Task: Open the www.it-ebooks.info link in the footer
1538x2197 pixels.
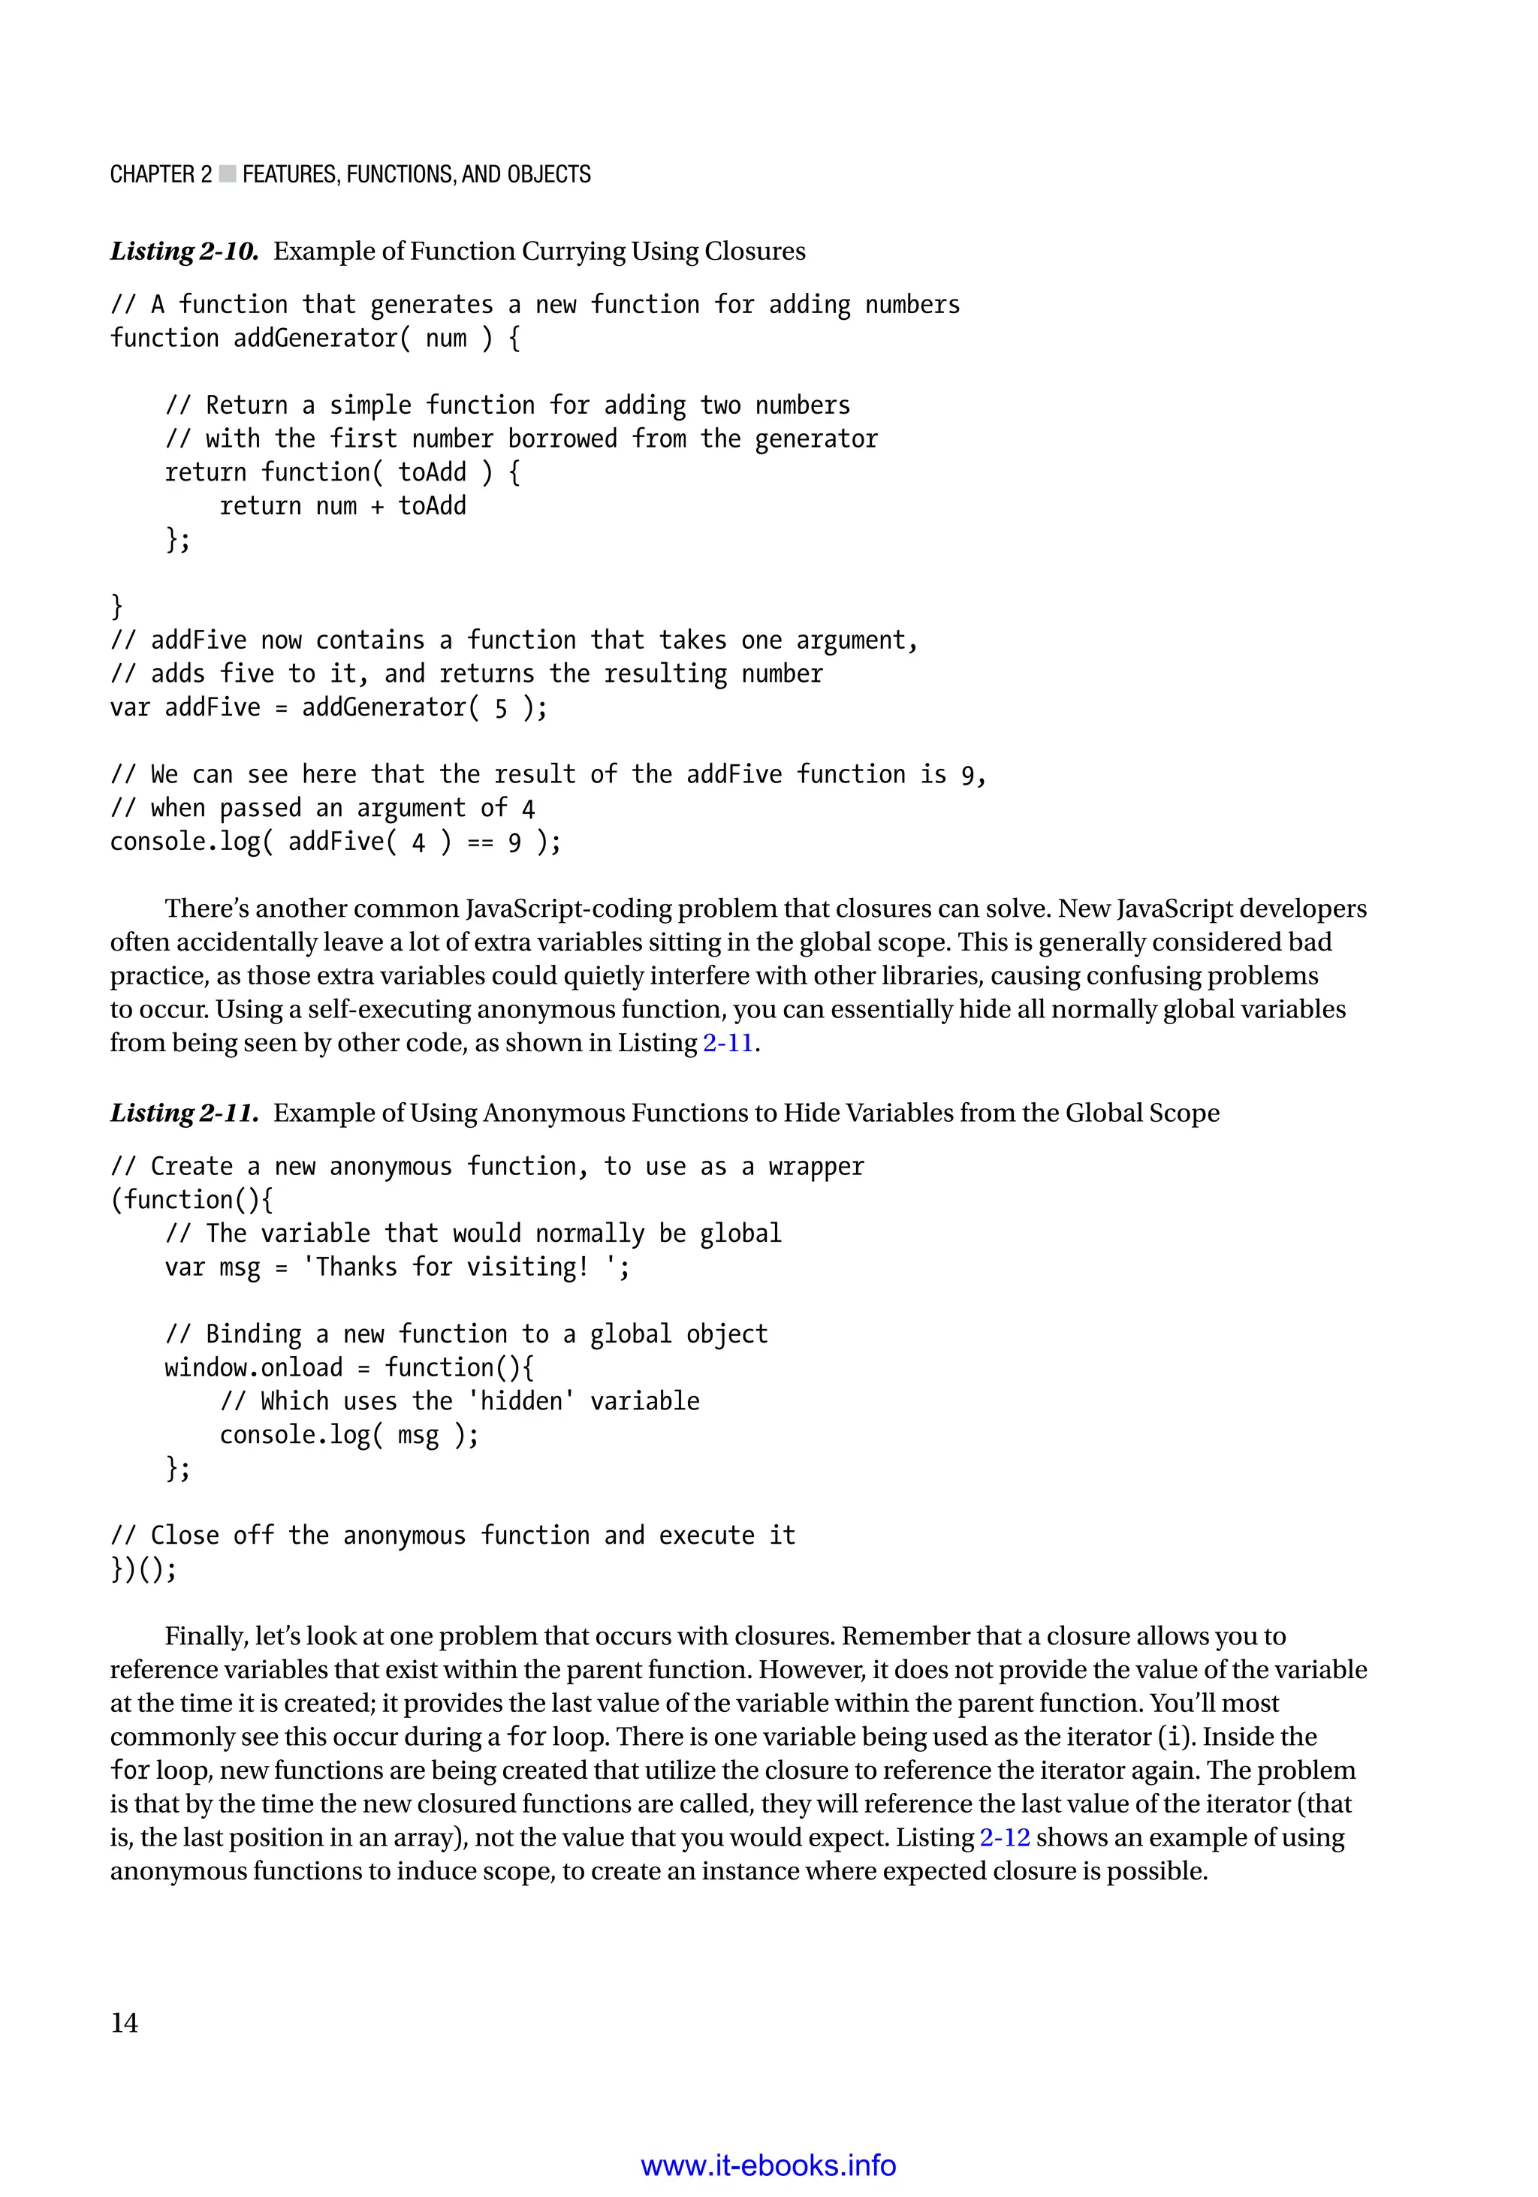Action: [x=767, y=2165]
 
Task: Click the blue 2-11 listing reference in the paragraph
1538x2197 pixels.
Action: [x=728, y=1043]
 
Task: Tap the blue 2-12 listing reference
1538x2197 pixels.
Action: [x=1004, y=1837]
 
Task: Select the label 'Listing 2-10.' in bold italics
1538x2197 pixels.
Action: [x=184, y=252]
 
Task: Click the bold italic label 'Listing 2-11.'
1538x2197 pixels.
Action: [x=184, y=1113]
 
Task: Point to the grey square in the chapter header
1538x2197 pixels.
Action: [x=227, y=174]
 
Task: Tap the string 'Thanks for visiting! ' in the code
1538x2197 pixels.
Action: [x=465, y=1267]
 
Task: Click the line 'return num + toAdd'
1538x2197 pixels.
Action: [x=342, y=506]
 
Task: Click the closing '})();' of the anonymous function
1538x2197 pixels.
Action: [x=143, y=1569]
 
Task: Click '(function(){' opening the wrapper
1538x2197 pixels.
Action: [x=191, y=1200]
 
